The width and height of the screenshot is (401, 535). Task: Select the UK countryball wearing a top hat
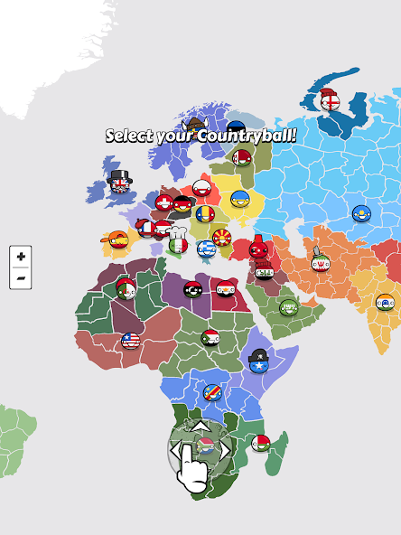pos(120,184)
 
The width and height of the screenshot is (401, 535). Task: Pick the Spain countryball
pos(117,240)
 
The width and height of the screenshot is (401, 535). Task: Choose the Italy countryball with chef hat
pos(178,244)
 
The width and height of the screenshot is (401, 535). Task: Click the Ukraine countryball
pos(239,199)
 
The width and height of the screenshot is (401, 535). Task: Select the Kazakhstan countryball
pos(361,214)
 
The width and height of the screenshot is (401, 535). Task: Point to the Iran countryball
pos(321,263)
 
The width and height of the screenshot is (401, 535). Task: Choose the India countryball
pos(386,303)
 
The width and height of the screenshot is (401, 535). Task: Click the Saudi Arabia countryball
pos(288,307)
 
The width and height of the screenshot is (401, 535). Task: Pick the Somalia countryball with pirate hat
pos(258,363)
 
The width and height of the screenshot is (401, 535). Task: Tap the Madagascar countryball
pos(261,443)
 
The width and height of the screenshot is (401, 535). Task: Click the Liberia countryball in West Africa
pos(131,341)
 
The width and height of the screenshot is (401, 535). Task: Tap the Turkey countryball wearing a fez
pos(259,248)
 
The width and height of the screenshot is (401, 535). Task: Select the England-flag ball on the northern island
pos(331,101)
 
